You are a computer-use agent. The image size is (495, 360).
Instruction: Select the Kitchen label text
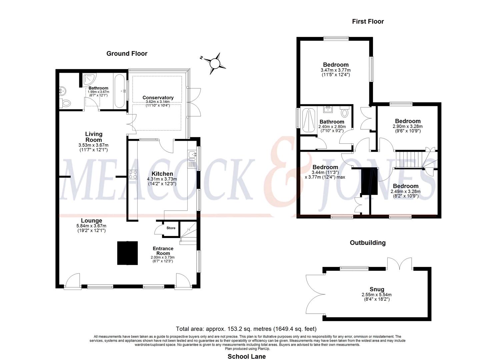tap(162, 174)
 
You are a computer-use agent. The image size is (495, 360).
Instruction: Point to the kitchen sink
tap(192, 155)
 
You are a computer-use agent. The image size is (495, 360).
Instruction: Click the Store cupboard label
tap(171, 228)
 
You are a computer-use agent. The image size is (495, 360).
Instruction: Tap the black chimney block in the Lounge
tap(128, 253)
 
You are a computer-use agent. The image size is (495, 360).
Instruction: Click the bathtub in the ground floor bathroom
tap(120, 91)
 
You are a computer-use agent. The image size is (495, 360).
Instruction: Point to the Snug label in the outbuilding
tap(377, 289)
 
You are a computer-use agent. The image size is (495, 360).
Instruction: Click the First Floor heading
tap(368, 22)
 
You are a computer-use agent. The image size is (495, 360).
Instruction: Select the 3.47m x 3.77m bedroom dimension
tap(336, 70)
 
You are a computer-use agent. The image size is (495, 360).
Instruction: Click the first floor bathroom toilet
tap(345, 112)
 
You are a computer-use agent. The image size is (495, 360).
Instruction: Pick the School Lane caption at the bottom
tap(247, 356)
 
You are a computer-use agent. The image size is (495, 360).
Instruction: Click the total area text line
tap(246, 329)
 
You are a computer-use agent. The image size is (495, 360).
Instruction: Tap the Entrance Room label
tap(163, 251)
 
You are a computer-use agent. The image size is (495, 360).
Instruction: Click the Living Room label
tap(94, 137)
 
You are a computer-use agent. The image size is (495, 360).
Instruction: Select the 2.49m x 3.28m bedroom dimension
tap(405, 192)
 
